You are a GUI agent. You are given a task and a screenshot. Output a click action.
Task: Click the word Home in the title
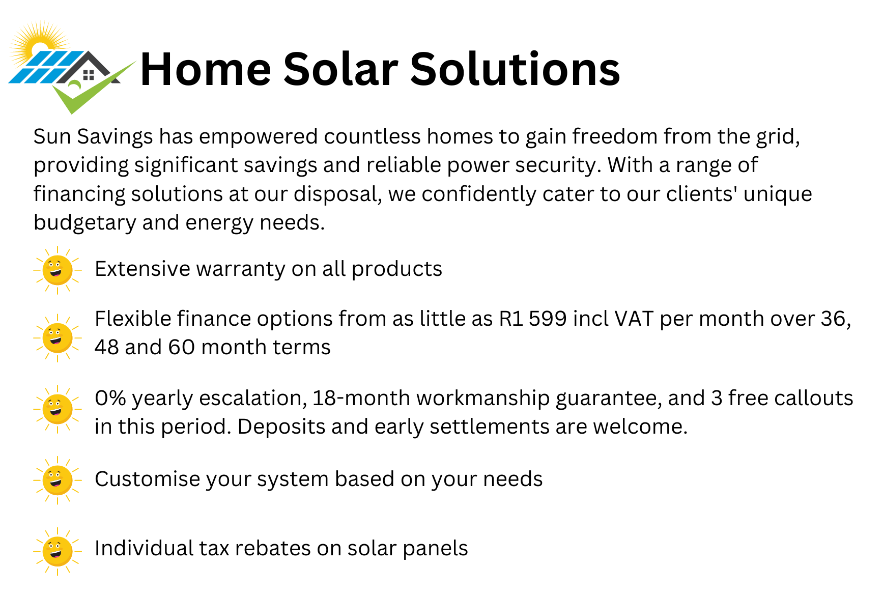coord(206,69)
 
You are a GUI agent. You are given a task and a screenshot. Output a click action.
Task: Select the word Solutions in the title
coord(515,69)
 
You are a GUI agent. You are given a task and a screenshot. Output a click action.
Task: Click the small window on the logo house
coord(89,75)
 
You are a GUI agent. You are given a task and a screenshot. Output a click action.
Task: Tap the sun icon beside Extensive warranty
coord(58,270)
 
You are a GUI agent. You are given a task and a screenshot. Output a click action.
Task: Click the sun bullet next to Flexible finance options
coord(58,338)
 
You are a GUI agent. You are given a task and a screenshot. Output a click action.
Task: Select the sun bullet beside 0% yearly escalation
coord(58,409)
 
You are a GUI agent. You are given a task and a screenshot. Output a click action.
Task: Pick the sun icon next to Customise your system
coord(58,480)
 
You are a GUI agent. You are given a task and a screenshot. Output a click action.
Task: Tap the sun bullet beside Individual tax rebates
coord(58,551)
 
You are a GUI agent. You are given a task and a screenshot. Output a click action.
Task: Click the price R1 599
coord(532,319)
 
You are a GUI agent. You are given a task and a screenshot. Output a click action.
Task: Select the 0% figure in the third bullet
coord(110,399)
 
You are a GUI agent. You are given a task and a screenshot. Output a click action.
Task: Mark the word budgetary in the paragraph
coord(84,223)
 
